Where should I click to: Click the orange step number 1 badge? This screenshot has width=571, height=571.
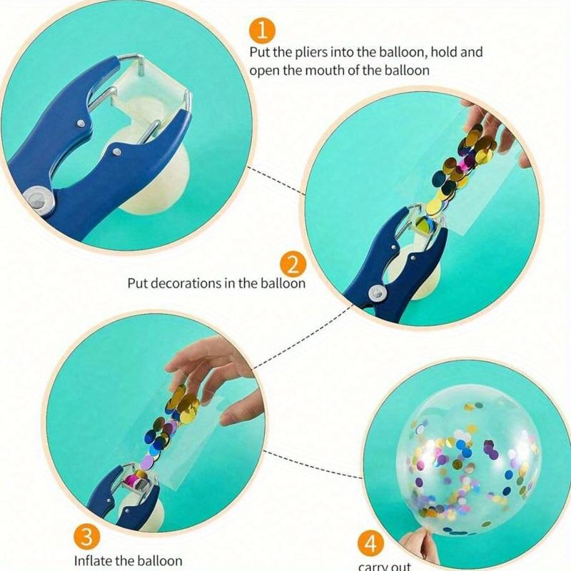click(x=262, y=31)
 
